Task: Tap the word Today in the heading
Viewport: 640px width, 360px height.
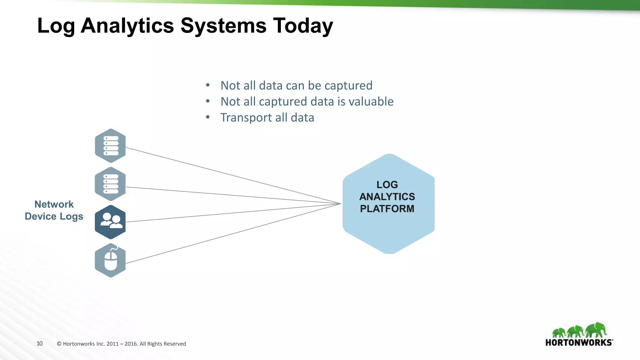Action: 303,26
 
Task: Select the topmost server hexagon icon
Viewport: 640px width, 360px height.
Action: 110,146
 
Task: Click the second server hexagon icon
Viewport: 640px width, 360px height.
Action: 110,184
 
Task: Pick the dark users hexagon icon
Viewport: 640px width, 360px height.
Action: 110,222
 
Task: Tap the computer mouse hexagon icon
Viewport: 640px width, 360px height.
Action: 110,260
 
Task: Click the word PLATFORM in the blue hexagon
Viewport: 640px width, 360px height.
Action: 387,209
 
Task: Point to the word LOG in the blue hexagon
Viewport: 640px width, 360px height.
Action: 387,185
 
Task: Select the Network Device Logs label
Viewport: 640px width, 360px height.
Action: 54,210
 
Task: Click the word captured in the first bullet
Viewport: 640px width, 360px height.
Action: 348,86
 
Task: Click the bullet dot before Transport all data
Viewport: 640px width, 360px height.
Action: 208,117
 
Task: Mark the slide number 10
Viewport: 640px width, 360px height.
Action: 39,343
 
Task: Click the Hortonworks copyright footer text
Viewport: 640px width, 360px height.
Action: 121,344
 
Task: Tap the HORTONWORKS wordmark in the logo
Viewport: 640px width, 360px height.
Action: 578,342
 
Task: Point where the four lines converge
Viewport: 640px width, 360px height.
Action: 341,204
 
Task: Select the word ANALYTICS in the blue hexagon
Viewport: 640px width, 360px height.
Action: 387,197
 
